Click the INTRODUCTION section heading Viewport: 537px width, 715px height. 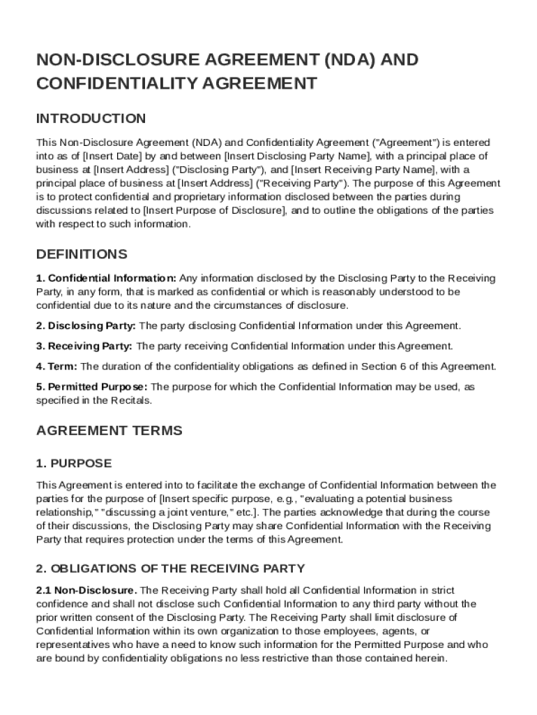click(x=91, y=118)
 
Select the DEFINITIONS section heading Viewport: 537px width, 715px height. click(x=82, y=253)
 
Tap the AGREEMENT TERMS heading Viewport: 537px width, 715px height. click(x=109, y=430)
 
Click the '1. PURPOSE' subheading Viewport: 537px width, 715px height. click(x=73, y=464)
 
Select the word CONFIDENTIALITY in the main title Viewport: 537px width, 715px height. click(x=117, y=84)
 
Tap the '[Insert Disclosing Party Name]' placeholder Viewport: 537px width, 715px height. click(x=297, y=156)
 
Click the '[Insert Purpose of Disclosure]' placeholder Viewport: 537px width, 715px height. click(x=214, y=211)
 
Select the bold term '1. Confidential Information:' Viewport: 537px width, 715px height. click(x=106, y=278)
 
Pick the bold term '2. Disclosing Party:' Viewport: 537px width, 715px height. click(x=86, y=325)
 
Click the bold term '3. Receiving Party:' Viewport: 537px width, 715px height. click(x=84, y=346)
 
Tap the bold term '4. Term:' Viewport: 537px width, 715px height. click(x=57, y=366)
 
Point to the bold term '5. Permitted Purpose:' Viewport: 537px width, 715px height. click(x=91, y=386)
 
